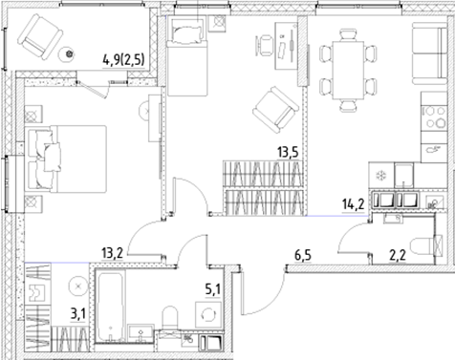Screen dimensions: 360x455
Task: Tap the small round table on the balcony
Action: coord(69,54)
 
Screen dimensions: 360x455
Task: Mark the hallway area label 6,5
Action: coord(303,257)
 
